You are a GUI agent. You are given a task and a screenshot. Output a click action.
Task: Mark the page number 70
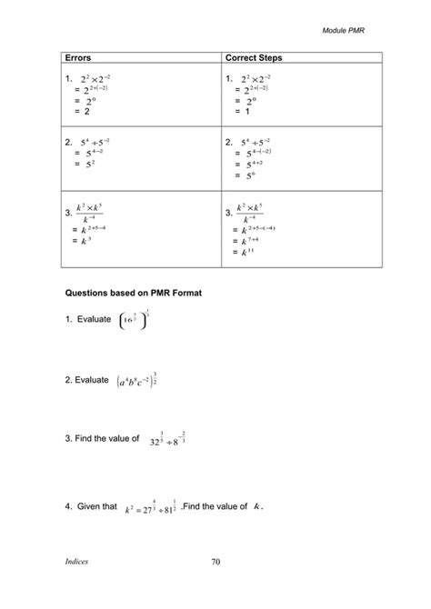[215, 564]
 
